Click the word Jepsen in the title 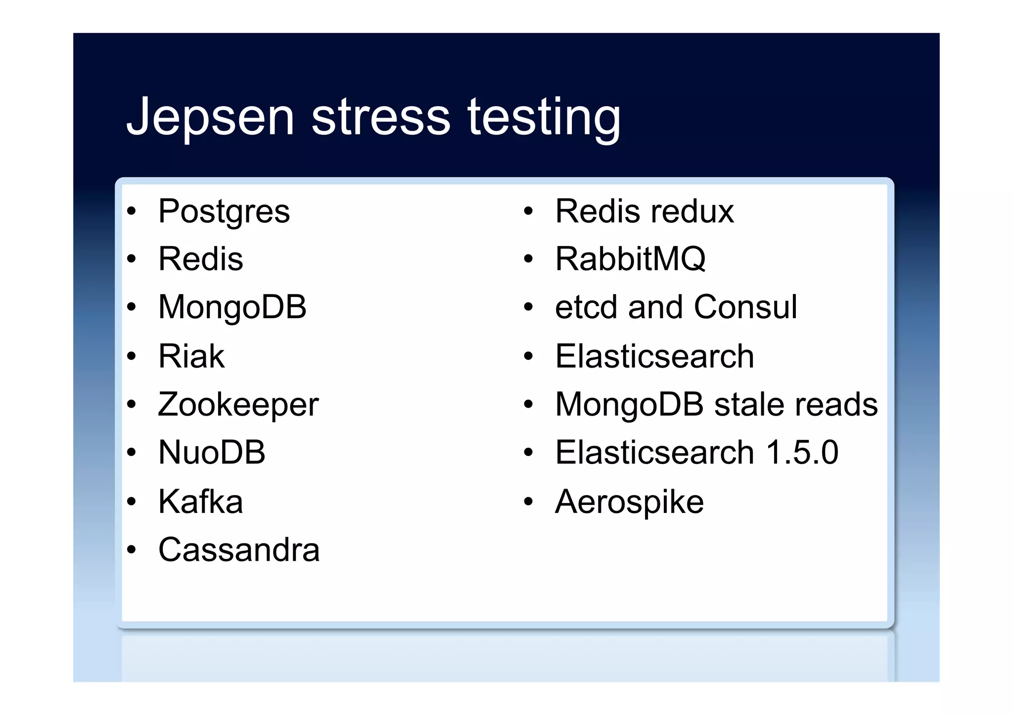(x=210, y=117)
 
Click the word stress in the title (x=380, y=117)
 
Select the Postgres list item (x=224, y=211)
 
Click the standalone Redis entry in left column (x=200, y=259)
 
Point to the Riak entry (x=191, y=356)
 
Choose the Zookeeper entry (x=238, y=405)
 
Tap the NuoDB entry (x=212, y=452)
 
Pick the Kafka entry (x=200, y=502)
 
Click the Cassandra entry (x=238, y=549)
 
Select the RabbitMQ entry (x=630, y=259)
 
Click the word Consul (x=745, y=307)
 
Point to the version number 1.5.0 (x=802, y=452)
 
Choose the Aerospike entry (x=629, y=502)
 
